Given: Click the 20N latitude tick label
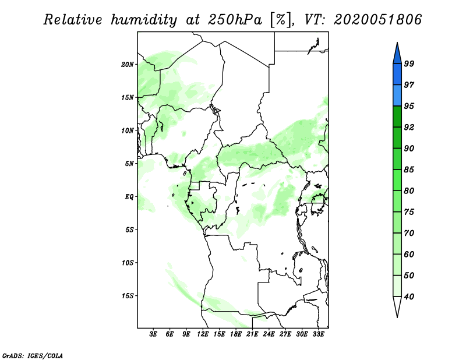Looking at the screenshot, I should tap(128, 64).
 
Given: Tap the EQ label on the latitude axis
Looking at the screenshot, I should tap(130, 196).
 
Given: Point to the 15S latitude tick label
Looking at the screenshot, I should tap(128, 295).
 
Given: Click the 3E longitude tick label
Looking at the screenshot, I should tap(154, 334).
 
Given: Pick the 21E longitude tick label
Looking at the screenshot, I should tap(252, 334).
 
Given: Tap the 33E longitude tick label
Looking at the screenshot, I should tap(318, 334).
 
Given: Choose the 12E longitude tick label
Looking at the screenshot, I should tap(203, 334).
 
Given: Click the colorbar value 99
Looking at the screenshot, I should tap(409, 63).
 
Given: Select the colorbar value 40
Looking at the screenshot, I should tap(409, 297).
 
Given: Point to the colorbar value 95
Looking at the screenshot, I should tap(409, 106).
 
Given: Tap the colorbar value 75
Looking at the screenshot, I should tap(409, 212).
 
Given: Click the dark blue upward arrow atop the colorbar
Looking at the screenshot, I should tap(397, 52).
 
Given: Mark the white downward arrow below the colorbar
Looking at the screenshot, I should tap(397, 306).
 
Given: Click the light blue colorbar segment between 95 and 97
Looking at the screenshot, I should tap(397, 96).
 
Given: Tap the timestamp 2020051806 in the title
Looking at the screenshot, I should tap(378, 20).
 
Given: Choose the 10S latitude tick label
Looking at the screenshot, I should tap(128, 262).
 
